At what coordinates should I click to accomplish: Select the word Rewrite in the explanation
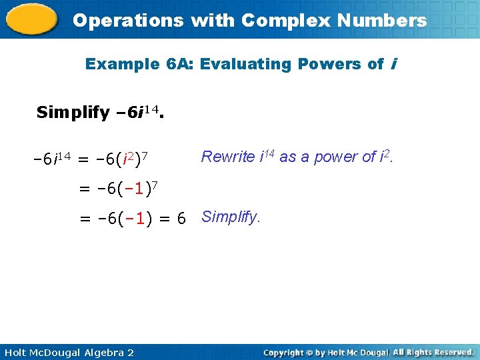point(227,157)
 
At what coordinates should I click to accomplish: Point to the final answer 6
point(181,218)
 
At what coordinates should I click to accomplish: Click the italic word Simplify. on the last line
point(231,217)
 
